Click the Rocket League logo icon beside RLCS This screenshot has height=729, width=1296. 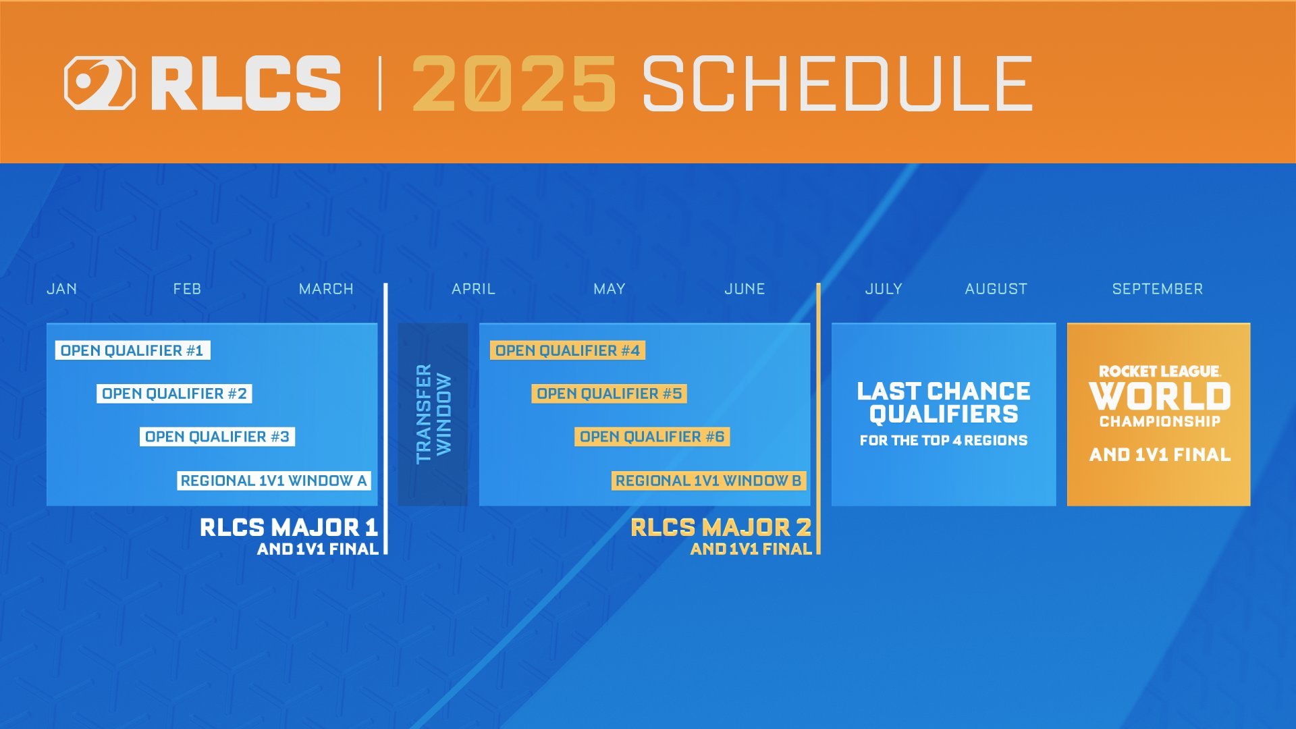pos(99,83)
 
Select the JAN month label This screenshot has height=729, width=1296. pos(61,289)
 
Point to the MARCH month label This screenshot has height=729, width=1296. pos(326,289)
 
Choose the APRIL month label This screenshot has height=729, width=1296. pos(473,289)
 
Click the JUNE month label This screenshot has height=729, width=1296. pos(745,289)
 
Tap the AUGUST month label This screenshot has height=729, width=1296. pos(996,289)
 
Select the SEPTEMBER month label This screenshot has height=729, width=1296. pos(1157,289)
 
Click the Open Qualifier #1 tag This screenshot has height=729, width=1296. pos(132,350)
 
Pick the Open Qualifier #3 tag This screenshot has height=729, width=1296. pos(217,437)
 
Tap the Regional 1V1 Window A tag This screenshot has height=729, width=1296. pos(273,481)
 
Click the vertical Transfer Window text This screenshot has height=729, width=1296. pos(433,414)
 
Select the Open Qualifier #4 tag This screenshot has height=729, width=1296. pos(567,350)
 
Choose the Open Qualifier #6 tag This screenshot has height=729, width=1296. pos(651,437)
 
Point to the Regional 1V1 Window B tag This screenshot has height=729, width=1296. pos(708,481)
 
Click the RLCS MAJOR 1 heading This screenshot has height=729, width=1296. pos(288,527)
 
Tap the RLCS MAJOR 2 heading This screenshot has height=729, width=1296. pos(720,527)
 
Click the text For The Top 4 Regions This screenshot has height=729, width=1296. pos(943,441)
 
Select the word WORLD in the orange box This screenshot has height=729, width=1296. pos(1159,396)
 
